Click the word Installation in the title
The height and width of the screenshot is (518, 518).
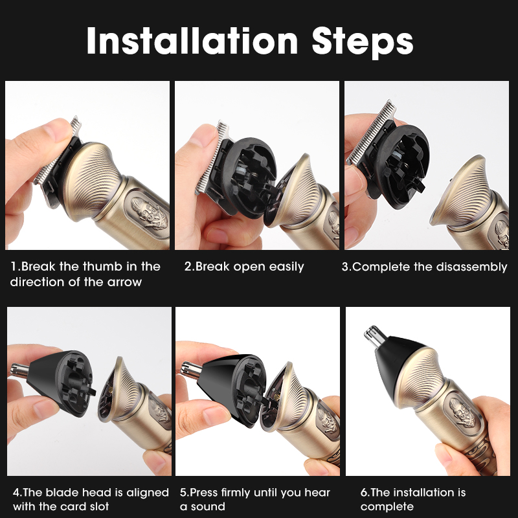[x=192, y=41]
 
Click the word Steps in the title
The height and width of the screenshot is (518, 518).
[x=363, y=43]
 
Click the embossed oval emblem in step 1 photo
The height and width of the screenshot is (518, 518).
[x=148, y=213]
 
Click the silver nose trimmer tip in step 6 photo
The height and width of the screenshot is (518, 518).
[x=376, y=336]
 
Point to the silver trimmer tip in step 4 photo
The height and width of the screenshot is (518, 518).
[x=20, y=370]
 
